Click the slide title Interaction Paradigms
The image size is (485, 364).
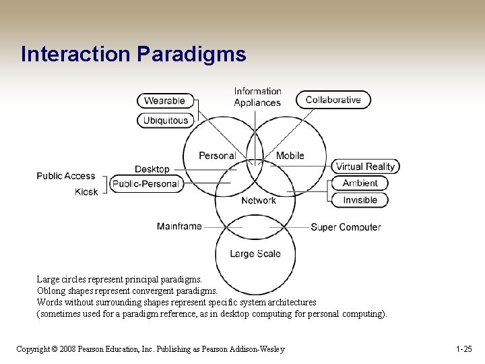pos(133,55)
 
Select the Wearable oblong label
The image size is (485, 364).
pos(165,100)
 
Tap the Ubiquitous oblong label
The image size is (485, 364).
pos(165,121)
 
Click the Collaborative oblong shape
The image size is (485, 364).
pos(333,100)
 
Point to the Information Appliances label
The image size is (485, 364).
pos(257,97)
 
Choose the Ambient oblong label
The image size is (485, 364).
pos(360,183)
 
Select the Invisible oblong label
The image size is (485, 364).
pos(360,200)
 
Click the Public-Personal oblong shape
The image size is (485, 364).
pos(146,183)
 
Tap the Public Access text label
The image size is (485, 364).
pos(66,176)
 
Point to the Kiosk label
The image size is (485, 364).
pos(86,192)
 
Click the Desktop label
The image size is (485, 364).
pos(152,169)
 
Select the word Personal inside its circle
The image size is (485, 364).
pos(217,156)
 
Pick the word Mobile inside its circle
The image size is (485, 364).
pos(290,156)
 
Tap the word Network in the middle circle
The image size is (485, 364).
pos(258,200)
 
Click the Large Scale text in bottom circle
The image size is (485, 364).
pos(255,253)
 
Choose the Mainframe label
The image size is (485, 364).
pos(179,226)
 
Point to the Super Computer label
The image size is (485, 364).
pos(346,227)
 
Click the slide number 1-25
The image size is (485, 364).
pos(463,348)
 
